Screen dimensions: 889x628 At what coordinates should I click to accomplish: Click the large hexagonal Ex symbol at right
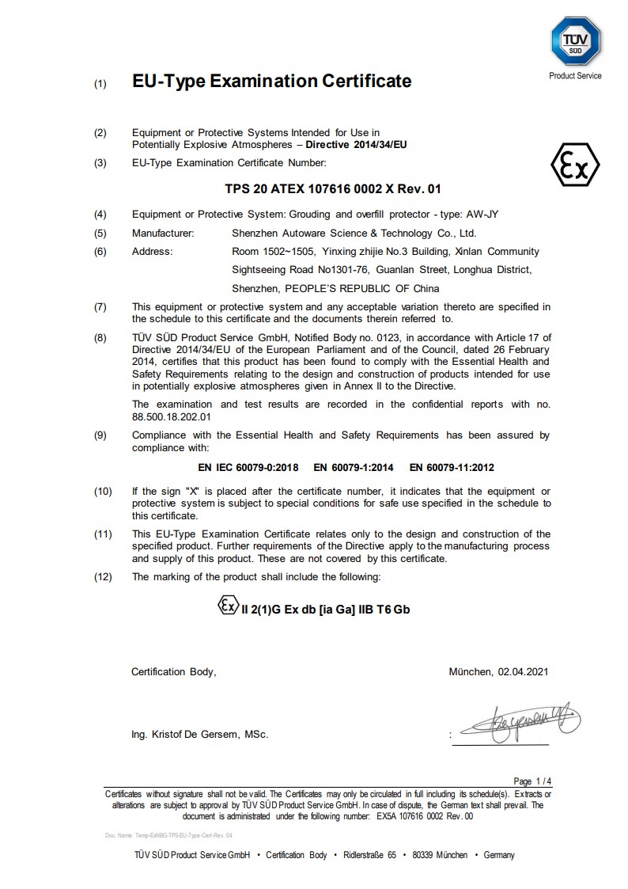574,165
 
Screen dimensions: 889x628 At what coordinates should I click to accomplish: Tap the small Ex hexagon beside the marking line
227,606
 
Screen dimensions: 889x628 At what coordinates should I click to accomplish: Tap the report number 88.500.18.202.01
172,416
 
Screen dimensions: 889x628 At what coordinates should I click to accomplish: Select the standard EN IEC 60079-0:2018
248,468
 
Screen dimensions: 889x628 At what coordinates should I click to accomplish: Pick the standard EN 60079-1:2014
354,468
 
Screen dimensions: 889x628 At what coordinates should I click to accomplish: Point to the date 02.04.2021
523,672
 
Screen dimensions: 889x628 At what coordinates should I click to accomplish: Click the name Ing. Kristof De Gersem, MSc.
199,735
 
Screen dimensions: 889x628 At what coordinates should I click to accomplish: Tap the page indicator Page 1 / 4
532,781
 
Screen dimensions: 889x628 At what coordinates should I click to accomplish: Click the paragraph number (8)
100,337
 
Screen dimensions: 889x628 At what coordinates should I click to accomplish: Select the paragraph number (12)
103,576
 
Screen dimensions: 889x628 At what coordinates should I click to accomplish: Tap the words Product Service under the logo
575,76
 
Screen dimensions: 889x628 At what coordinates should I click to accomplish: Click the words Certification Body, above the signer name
173,672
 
